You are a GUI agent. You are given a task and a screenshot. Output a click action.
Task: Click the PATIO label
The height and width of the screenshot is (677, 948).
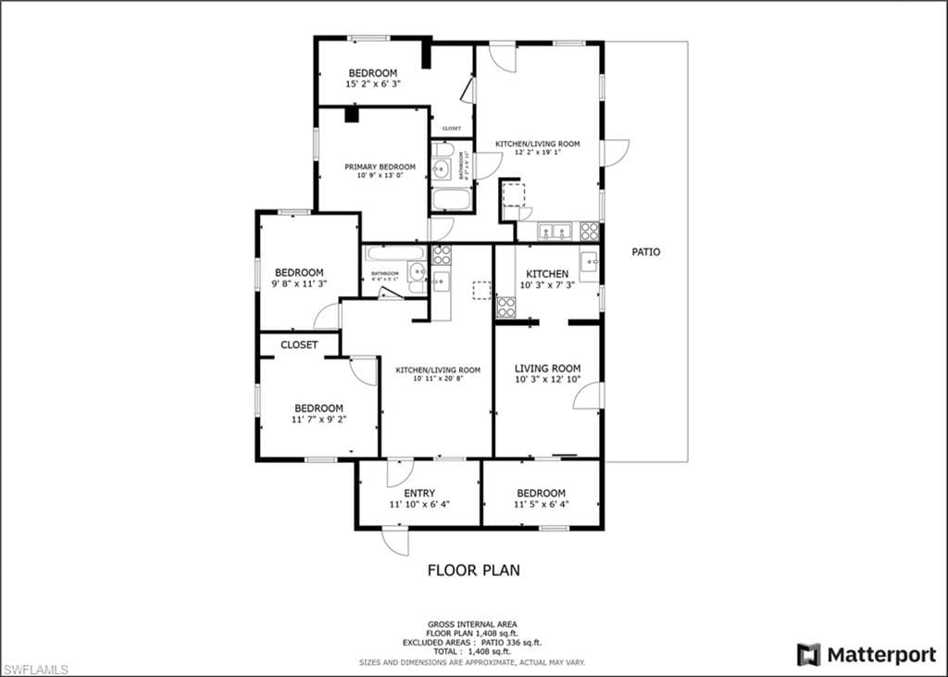pos(646,252)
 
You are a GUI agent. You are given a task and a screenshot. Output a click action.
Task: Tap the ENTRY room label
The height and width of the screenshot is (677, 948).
pos(419,493)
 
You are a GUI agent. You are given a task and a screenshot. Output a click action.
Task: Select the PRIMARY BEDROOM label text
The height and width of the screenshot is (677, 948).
pos(380,167)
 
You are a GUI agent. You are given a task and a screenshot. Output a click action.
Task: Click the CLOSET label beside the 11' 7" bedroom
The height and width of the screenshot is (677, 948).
pos(299,345)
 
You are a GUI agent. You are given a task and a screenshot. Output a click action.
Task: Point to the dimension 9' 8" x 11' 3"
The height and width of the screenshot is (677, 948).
pos(298,284)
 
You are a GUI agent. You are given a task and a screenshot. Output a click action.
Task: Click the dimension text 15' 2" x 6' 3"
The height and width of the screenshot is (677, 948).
pos(373,84)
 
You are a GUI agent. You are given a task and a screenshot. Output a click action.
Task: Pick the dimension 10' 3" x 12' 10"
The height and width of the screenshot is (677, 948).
pos(547,380)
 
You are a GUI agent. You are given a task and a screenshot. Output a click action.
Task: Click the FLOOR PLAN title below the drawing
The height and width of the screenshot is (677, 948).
pos(473,570)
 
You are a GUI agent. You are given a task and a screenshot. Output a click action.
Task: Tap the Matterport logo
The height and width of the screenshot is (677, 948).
pos(867,655)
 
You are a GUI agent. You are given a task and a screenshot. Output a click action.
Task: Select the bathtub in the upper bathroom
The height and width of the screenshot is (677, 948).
pos(451,198)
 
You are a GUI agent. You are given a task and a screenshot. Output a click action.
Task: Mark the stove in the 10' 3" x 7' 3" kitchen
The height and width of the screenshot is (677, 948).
pos(505,307)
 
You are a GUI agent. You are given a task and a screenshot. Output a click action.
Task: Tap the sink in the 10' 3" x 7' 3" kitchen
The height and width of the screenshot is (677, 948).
pos(589,264)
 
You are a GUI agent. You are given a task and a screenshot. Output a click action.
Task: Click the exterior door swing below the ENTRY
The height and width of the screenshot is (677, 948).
pos(395,542)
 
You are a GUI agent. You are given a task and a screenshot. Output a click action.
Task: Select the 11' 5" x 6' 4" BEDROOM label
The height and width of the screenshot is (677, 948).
pos(541,498)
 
